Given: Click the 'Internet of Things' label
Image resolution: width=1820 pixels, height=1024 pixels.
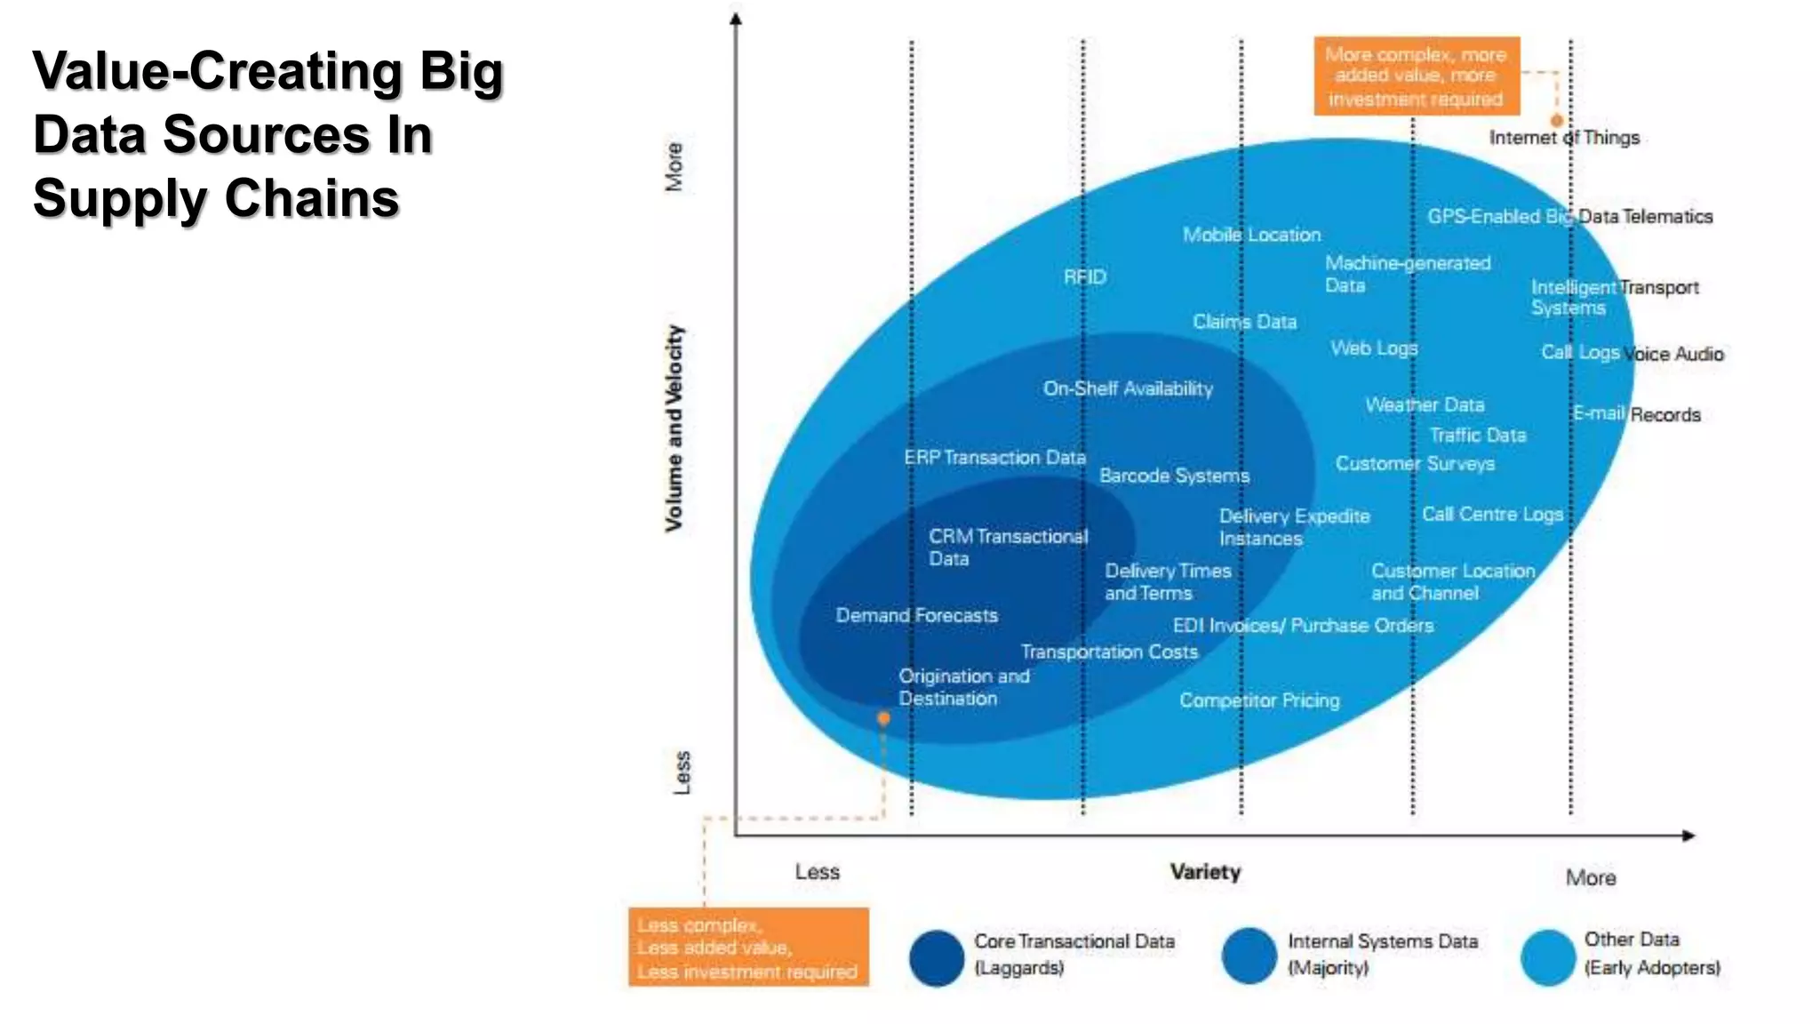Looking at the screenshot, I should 1564,138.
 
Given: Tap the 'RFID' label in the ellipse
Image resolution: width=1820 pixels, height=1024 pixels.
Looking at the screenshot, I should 1085,277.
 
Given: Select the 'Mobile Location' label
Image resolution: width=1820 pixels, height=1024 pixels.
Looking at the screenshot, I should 1251,235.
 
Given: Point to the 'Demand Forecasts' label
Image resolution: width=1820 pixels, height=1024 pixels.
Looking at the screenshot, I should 916,615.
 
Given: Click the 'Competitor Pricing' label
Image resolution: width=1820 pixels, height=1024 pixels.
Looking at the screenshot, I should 1259,700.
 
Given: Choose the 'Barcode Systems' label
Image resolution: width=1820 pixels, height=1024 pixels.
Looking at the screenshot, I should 1174,476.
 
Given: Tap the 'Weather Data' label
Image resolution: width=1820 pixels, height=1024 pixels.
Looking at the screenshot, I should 1425,405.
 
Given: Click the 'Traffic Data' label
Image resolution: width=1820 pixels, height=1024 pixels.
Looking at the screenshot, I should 1477,436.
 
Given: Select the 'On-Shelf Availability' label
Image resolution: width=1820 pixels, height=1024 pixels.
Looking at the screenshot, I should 1128,388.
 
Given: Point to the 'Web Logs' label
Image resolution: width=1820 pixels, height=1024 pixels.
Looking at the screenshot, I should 1374,348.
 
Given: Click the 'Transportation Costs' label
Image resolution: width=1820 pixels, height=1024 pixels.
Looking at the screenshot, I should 1109,652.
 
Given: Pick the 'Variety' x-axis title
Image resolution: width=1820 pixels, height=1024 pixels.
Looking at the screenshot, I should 1205,872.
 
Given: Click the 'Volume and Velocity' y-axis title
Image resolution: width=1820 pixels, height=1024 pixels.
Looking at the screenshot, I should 675,428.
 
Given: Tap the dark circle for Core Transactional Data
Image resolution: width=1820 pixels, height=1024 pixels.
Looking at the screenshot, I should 937,958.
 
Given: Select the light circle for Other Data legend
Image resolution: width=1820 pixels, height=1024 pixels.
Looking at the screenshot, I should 1548,957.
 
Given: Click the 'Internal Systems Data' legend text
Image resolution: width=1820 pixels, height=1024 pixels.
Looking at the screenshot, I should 1383,941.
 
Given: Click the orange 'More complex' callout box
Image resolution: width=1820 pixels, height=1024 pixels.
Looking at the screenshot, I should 1417,76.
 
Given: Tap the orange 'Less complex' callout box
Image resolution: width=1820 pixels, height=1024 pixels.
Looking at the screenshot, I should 748,948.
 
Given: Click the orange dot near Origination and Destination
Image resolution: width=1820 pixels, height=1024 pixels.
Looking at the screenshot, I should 883,718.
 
